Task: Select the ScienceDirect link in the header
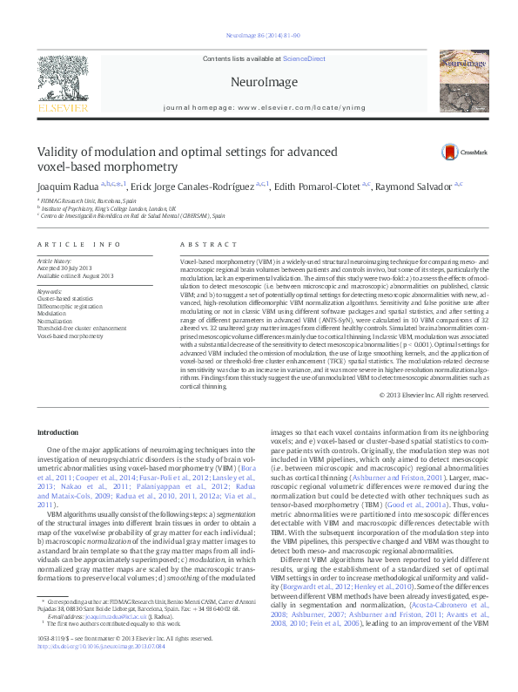(303, 58)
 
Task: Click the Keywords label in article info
(50, 291)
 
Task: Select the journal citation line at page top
(262, 36)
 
